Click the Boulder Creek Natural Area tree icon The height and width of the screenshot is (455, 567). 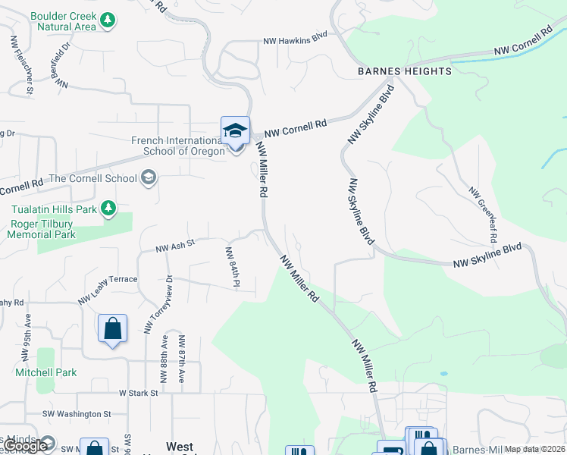click(108, 20)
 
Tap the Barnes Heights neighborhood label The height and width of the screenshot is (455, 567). click(405, 71)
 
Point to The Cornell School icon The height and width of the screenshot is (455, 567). click(149, 178)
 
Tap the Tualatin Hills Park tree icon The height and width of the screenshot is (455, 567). click(108, 208)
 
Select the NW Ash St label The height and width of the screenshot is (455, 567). click(175, 245)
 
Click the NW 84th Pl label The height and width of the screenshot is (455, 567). click(232, 266)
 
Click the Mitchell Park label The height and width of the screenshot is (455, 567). click(46, 372)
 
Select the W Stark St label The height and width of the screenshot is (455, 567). click(138, 393)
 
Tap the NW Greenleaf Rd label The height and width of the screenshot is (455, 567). click(482, 215)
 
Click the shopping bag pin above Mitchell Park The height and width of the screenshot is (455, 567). click(113, 330)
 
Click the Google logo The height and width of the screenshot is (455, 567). click(24, 446)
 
